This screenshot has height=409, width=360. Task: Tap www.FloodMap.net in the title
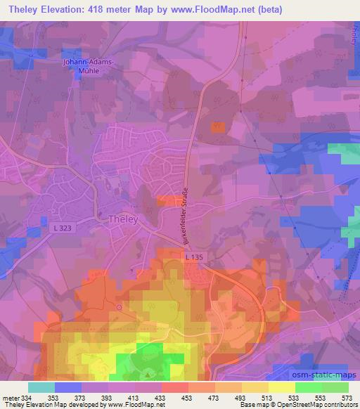point(224,9)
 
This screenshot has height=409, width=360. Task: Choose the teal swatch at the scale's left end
point(41,387)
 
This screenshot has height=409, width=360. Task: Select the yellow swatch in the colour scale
point(281,387)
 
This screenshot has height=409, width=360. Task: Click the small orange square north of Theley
point(219,127)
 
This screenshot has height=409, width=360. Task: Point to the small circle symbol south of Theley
point(120,307)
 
